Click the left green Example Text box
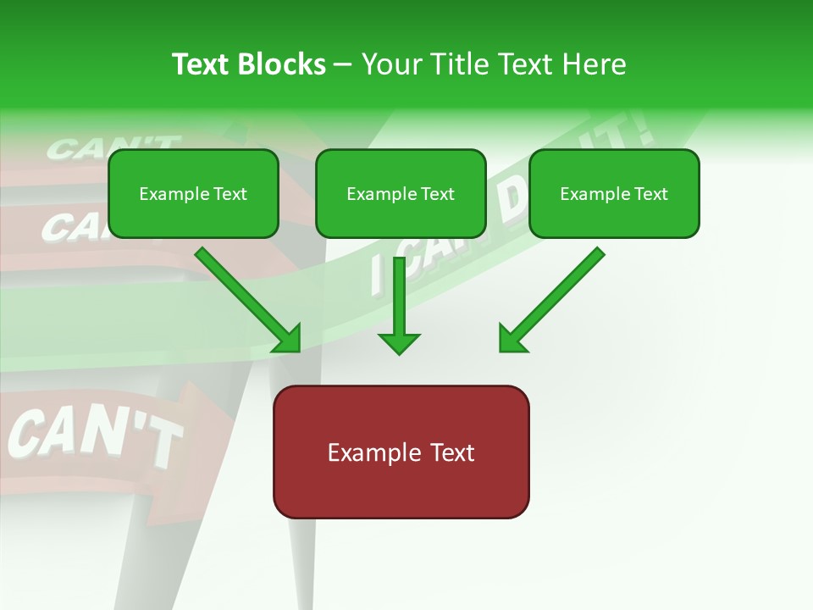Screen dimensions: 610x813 193,193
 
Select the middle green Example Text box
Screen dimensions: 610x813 401,193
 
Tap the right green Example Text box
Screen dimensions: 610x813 614,193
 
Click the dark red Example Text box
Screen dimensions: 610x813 401,452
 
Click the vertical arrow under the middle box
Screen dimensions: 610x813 399,305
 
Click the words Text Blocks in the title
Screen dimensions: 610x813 249,64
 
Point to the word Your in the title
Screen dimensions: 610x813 389,64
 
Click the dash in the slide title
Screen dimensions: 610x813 343,64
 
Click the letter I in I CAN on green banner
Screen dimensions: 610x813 378,275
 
